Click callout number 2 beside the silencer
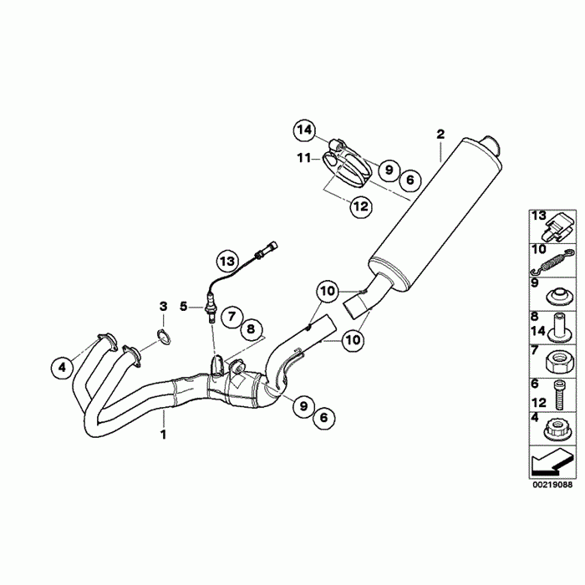440,134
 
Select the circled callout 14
305,130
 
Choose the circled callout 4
60,365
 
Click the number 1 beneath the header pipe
164,435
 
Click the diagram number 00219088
552,484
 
